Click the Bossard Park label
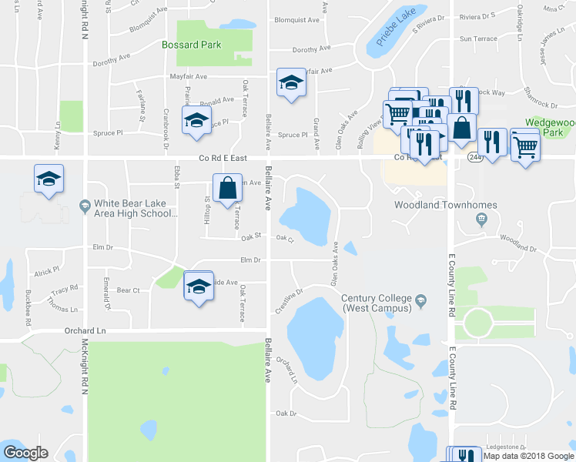tap(192, 45)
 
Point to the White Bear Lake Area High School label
tap(136, 209)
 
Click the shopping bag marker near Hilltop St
tap(228, 189)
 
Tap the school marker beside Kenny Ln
tap(49, 180)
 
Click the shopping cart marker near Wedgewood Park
tap(525, 144)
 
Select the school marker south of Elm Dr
tap(199, 286)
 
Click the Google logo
tap(25, 453)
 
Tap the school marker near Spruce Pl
tap(196, 121)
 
